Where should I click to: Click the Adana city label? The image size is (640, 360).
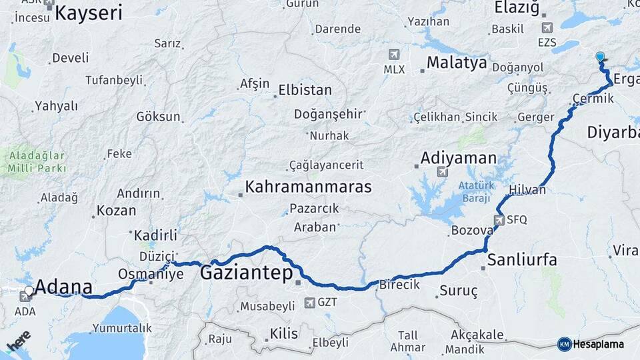tap(63, 288)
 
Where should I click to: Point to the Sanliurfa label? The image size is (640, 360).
tap(522, 259)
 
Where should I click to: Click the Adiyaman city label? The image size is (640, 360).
tap(459, 159)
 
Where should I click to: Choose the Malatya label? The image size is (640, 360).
tap(457, 63)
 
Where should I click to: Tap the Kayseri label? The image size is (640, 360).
tap(89, 12)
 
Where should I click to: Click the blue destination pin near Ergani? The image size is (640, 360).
tap(601, 58)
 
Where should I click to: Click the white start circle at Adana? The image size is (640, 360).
tap(29, 291)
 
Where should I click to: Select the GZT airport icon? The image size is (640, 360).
tap(309, 303)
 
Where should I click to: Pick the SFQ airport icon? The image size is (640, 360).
tap(499, 219)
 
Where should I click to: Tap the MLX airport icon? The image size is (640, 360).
tap(394, 54)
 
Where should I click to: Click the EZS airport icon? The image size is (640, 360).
tap(547, 28)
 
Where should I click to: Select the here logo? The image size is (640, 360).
tap(19, 342)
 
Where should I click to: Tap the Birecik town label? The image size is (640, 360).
tap(399, 285)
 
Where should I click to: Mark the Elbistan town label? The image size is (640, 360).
tap(305, 89)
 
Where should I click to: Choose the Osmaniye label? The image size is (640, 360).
tap(150, 274)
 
